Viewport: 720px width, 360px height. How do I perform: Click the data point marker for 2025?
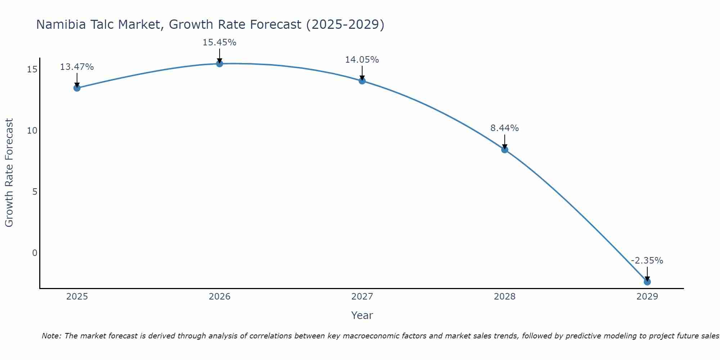click(77, 88)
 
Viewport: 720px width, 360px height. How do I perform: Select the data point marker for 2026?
click(220, 64)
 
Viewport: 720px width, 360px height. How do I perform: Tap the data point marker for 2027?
click(362, 81)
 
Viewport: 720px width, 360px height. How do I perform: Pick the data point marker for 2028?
click(505, 150)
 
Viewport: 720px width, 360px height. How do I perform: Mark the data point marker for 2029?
click(647, 282)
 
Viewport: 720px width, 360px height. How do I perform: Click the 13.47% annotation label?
click(77, 67)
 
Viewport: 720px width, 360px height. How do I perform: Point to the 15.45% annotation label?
click(219, 42)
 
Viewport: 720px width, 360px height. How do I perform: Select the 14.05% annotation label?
click(362, 60)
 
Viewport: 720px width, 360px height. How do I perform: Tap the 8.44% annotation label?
click(504, 128)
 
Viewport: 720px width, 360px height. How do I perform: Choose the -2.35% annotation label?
click(647, 261)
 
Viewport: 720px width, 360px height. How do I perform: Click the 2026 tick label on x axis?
click(220, 297)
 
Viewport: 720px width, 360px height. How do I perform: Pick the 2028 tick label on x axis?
click(505, 297)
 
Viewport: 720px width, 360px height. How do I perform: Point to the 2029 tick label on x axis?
click(647, 297)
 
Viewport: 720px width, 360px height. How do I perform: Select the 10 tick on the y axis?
click(32, 131)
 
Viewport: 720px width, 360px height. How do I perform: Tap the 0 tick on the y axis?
click(35, 253)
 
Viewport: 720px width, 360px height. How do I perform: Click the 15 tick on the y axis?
click(32, 69)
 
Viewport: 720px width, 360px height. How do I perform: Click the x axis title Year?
click(362, 315)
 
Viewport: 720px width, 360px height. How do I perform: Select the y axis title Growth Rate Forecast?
click(9, 173)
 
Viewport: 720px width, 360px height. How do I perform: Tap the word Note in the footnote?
click(51, 336)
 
